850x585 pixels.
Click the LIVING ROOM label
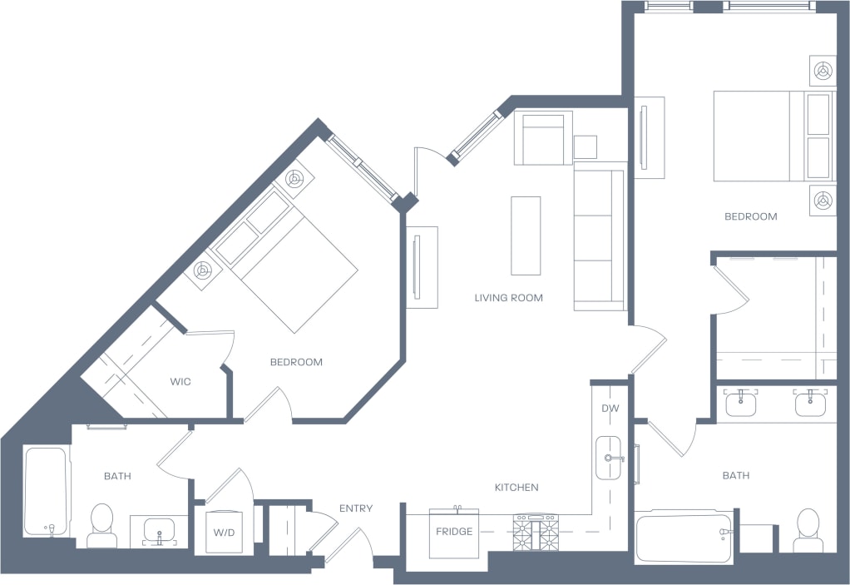coord(508,298)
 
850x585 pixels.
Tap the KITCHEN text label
coord(516,488)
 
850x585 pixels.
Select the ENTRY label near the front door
coord(356,508)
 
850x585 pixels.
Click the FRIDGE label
coord(454,532)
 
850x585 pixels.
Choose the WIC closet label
coord(180,382)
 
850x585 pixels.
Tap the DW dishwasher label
coord(610,409)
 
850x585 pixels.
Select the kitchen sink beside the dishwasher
coord(609,458)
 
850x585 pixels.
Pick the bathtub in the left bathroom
coord(45,491)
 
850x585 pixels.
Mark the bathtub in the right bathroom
coord(684,537)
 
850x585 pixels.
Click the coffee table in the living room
coord(526,235)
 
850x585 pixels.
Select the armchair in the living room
coord(542,137)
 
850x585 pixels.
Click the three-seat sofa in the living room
coord(600,238)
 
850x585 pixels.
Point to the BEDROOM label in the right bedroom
coord(750,216)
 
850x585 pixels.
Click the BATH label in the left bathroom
coord(117,476)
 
